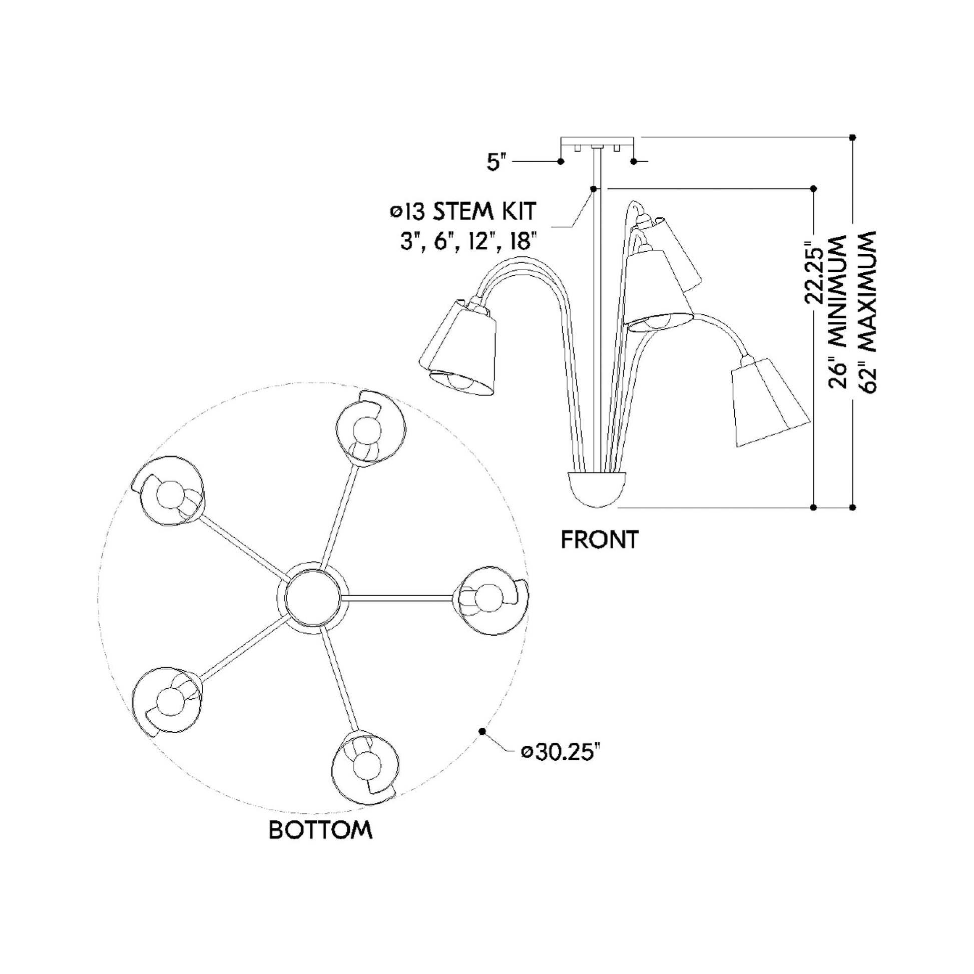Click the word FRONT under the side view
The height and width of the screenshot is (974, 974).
tap(600, 540)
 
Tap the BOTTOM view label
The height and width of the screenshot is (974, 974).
tap(321, 830)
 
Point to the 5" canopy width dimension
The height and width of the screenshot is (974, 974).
tap(496, 162)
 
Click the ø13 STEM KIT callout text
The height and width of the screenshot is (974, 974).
tap(463, 211)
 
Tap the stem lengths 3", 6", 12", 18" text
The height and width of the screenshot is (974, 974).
tap(467, 242)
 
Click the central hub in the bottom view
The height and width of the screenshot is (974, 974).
tap(312, 596)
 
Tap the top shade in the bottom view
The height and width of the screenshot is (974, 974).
tap(371, 428)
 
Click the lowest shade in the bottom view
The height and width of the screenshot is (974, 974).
tap(365, 766)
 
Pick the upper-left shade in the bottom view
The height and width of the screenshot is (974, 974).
tap(169, 492)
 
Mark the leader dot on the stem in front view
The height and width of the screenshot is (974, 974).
tap(594, 189)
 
